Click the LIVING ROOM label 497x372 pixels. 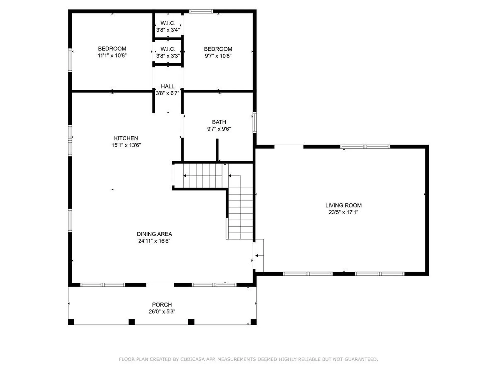(x=343, y=205)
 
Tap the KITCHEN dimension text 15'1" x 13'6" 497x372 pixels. (x=126, y=145)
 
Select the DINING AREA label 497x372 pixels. (x=154, y=234)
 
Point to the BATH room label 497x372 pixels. (x=219, y=122)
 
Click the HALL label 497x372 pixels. (x=167, y=86)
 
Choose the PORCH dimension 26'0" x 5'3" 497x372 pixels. (x=162, y=312)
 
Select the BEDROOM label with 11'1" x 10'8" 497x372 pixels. (x=112, y=49)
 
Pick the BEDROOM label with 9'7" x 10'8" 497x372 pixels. (x=218, y=49)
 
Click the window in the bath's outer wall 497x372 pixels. (x=254, y=122)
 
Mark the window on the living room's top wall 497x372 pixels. (x=365, y=147)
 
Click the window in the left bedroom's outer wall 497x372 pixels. (x=70, y=60)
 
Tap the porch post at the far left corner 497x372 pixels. (x=71, y=322)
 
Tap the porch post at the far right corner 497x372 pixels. (x=254, y=322)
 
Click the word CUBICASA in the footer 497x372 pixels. (x=193, y=359)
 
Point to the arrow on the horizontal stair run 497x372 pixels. (x=185, y=176)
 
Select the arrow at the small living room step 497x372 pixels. (x=257, y=256)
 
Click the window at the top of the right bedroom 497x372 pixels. (x=201, y=11)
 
